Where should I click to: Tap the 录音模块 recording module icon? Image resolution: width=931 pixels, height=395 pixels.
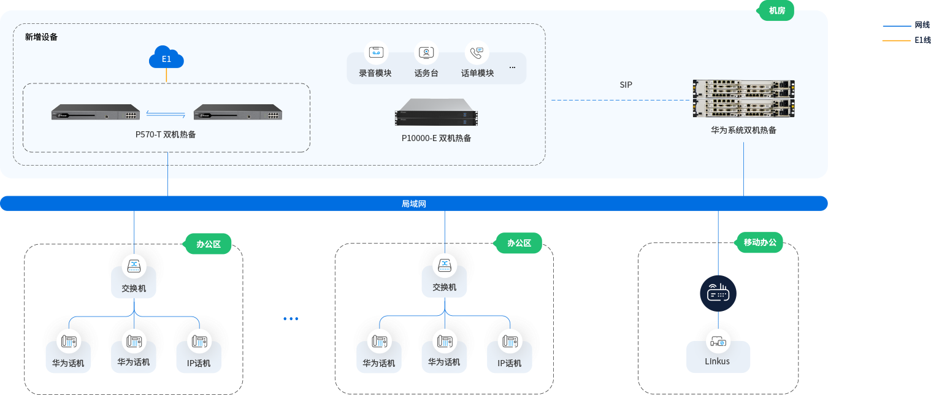pyautogui.click(x=375, y=53)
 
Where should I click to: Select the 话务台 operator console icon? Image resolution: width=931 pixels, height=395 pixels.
pyautogui.click(x=426, y=53)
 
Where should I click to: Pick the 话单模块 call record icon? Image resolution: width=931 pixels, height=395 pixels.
pyautogui.click(x=477, y=53)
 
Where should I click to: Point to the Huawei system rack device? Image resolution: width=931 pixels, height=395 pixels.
pyautogui.click(x=743, y=98)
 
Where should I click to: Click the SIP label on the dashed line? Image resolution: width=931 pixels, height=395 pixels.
pyautogui.click(x=626, y=85)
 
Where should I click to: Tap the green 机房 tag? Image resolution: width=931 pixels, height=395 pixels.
pyautogui.click(x=776, y=10)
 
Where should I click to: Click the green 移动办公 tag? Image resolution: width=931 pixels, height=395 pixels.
pyautogui.click(x=760, y=242)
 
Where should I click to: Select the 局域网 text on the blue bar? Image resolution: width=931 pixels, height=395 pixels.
pyautogui.click(x=414, y=204)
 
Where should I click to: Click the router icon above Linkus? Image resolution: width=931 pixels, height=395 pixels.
pyautogui.click(x=718, y=294)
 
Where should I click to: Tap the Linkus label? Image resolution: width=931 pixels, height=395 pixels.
pyautogui.click(x=718, y=361)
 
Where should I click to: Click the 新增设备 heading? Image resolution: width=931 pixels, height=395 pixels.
pyautogui.click(x=42, y=37)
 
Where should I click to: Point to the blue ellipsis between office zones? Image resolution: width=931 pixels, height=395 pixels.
pyautogui.click(x=291, y=318)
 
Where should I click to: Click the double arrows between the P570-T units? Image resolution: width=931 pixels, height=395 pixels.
pyautogui.click(x=166, y=113)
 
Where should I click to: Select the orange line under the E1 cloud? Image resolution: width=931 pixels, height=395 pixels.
pyautogui.click(x=166, y=75)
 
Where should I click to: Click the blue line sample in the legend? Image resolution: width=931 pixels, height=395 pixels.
pyautogui.click(x=897, y=26)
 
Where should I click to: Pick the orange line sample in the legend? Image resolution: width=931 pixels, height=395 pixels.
pyautogui.click(x=897, y=40)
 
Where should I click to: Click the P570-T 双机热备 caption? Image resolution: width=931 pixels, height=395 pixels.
pyautogui.click(x=166, y=134)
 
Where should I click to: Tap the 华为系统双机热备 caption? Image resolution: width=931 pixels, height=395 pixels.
pyautogui.click(x=743, y=130)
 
